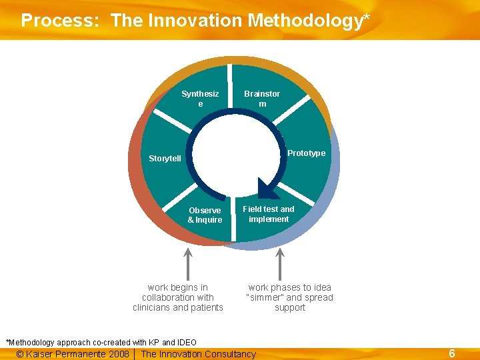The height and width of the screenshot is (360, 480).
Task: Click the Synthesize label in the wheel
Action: (x=200, y=99)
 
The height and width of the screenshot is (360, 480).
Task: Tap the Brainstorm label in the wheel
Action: (x=262, y=99)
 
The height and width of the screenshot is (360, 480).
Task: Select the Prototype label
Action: (x=306, y=153)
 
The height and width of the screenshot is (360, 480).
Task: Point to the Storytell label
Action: (x=165, y=159)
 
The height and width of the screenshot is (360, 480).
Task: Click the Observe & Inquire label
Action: (x=205, y=215)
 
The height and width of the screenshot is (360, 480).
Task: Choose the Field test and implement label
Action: (x=269, y=214)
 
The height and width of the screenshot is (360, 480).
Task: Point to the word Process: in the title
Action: (x=61, y=21)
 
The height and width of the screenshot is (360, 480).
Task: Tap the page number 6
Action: (x=451, y=353)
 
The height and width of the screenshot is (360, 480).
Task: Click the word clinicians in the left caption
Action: (x=153, y=307)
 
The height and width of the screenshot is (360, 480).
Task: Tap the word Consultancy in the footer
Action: (x=231, y=354)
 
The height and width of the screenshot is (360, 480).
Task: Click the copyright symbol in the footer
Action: (x=20, y=354)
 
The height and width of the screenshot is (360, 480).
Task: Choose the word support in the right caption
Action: (x=290, y=307)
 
